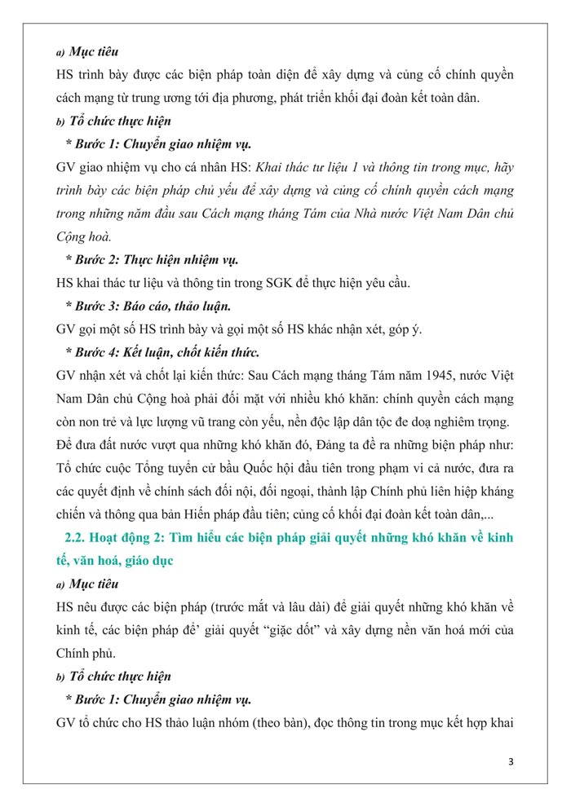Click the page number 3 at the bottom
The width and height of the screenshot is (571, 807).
pyautogui.click(x=511, y=762)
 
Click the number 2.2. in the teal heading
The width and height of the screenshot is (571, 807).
pyautogui.click(x=77, y=539)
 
